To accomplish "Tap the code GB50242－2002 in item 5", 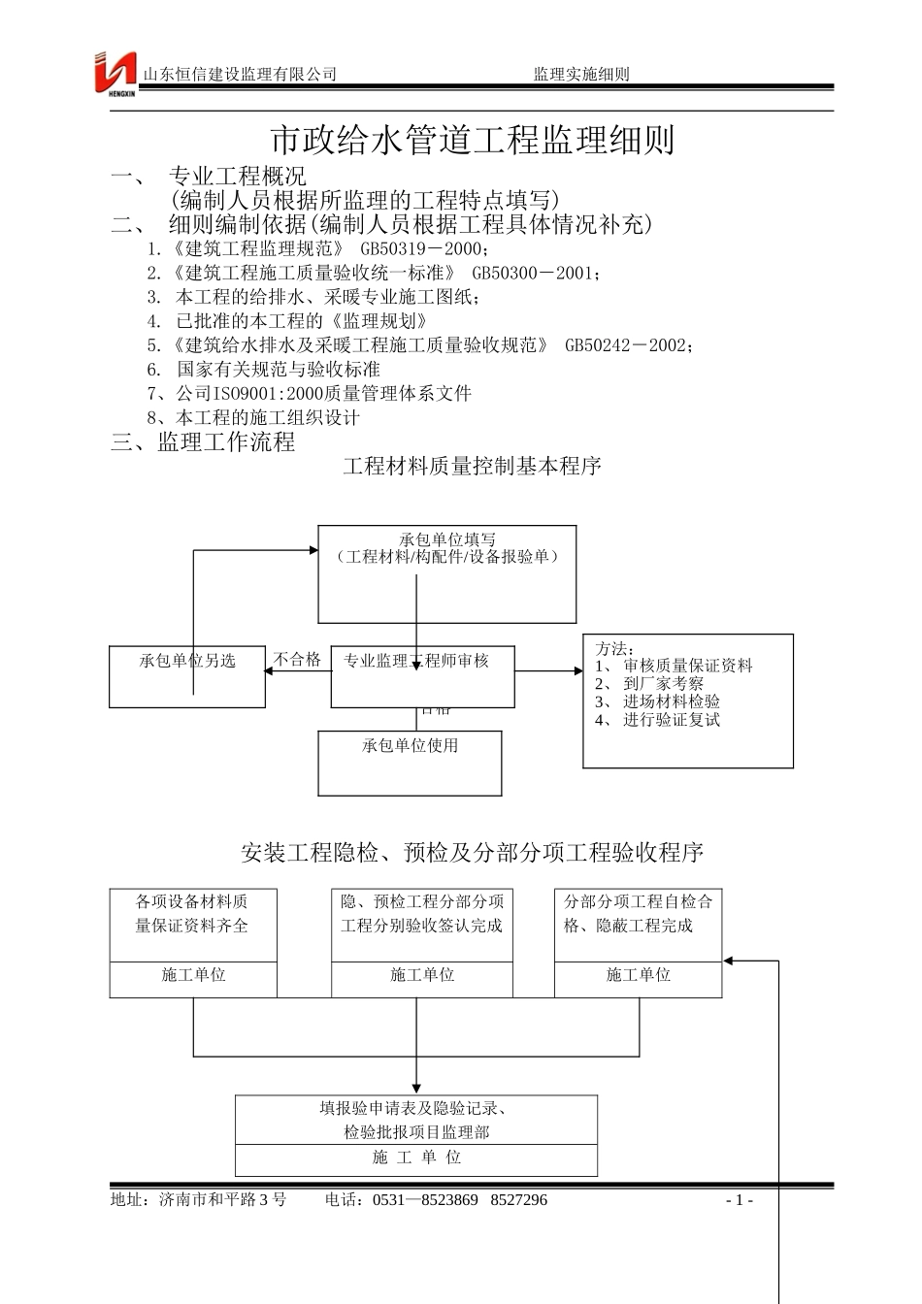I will (628, 344).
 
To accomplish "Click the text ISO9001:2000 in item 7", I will (257, 393).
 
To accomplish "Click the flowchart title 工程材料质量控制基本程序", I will (472, 467).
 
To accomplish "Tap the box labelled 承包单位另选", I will (187, 661).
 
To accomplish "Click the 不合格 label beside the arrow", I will (297, 660).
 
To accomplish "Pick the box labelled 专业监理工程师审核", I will (417, 661).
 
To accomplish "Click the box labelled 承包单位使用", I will (410, 745).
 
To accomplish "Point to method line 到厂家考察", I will (663, 683).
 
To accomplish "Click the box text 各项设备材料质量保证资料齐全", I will (192, 914).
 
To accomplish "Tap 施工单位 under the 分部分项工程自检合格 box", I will (638, 974).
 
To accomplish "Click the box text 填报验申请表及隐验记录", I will (416, 1108).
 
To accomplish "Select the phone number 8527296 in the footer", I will (519, 1200).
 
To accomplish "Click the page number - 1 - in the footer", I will (740, 1200).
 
